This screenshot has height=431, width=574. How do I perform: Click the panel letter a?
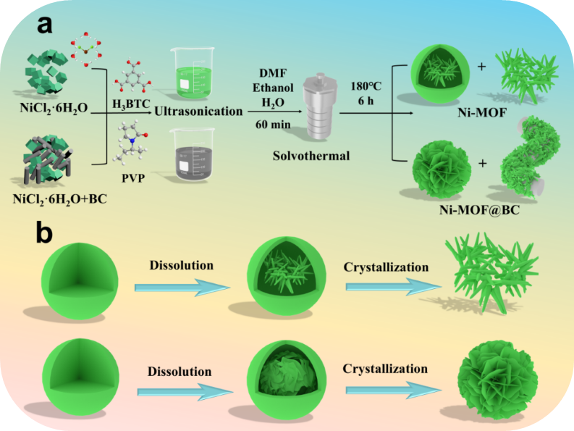click(44, 25)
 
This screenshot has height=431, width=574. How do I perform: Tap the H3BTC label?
click(131, 104)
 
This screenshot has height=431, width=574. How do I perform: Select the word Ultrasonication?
click(198, 111)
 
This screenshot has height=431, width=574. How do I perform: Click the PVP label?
click(133, 177)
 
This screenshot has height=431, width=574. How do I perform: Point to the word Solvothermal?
click(311, 156)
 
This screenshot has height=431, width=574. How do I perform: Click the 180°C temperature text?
click(366, 86)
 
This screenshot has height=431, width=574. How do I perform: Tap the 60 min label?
click(273, 125)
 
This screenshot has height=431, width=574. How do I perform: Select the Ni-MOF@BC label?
click(480, 209)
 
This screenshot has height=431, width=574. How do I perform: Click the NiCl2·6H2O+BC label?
click(59, 199)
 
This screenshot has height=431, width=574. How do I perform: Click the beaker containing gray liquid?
click(193, 155)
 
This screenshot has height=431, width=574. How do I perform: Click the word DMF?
click(273, 73)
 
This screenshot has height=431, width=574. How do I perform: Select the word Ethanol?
click(273, 88)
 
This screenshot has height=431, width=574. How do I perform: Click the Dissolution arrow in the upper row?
click(182, 288)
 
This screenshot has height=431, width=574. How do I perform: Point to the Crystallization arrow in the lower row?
click(394, 390)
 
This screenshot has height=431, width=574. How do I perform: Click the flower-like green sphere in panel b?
click(497, 380)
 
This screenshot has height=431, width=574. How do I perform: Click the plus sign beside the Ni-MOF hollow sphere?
click(482, 67)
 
